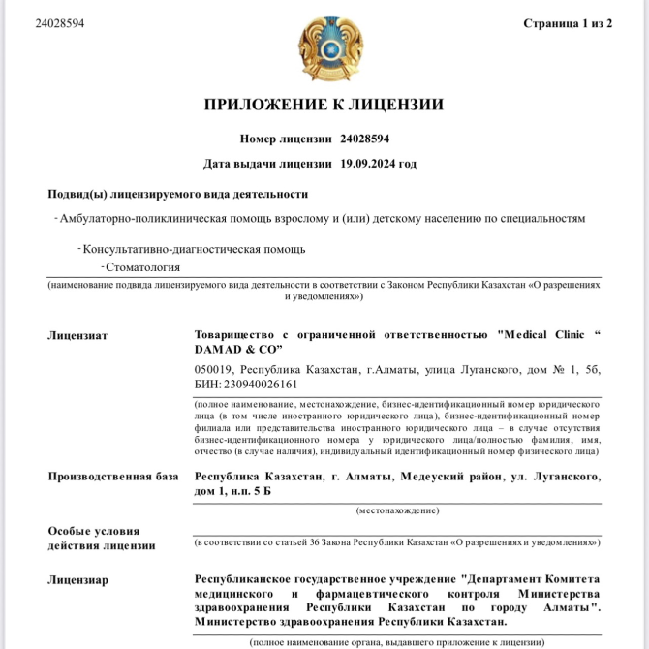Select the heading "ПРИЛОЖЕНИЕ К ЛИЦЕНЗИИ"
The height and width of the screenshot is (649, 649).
coord(324,105)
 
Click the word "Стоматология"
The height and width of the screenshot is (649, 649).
coord(143,267)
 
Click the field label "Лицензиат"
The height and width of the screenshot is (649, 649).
coord(77,335)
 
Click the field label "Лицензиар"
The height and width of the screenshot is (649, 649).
coord(78,579)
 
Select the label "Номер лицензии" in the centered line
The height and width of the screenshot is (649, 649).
coord(286,139)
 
